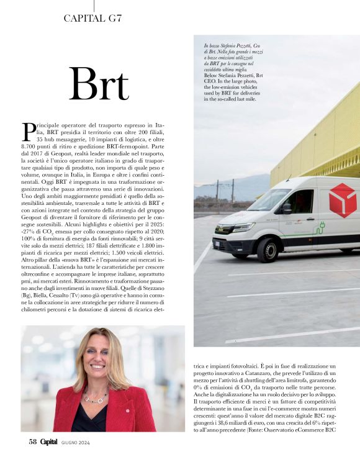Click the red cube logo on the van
click(343, 200)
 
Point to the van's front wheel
click(268, 248)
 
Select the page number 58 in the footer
click(34, 442)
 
